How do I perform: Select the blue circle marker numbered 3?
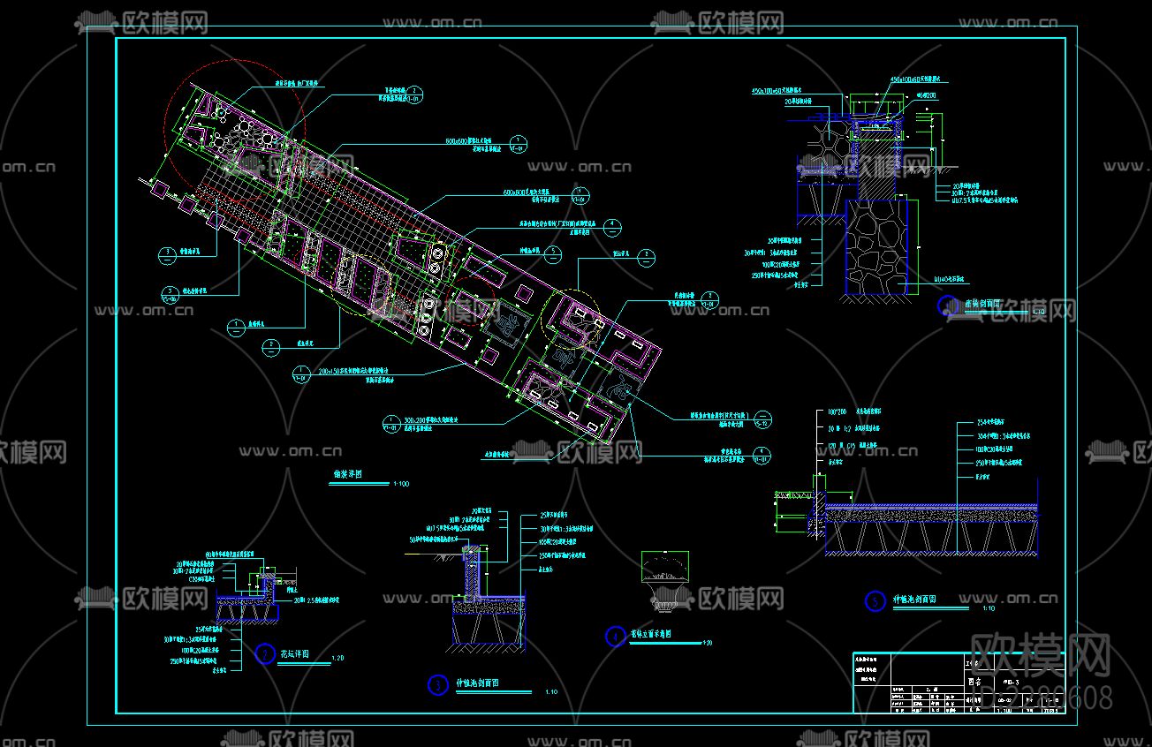coord(437,685)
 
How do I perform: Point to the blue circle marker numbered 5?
coord(875,601)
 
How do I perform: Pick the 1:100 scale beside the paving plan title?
coord(401,484)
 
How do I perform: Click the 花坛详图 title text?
coord(295,654)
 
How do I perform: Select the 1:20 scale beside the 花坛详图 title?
coord(337,659)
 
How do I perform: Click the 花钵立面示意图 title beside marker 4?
coord(651,634)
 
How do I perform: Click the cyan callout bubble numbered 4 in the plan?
coord(610,226)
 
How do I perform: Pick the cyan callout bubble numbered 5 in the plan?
coord(551,254)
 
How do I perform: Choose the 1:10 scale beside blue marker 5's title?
coord(988,607)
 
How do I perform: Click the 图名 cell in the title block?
coord(974,682)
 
